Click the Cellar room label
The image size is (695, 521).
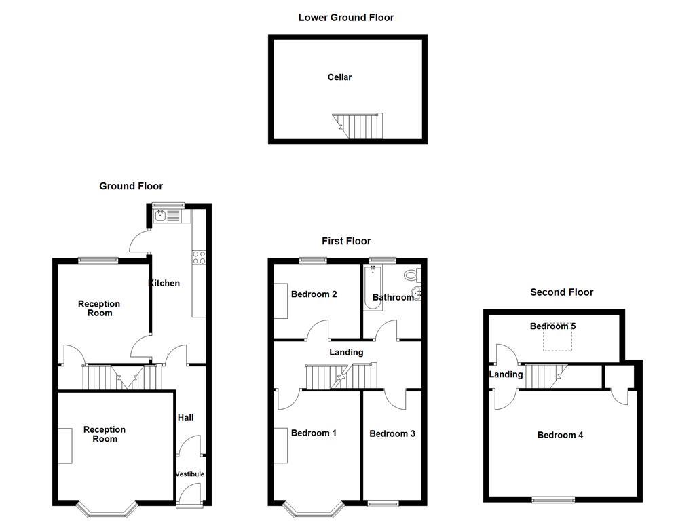339,77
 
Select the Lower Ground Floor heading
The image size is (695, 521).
345,18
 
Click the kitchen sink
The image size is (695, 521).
168,216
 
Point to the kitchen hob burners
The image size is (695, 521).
200,257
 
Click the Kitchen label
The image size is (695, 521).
164,283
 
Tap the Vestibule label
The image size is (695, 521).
189,474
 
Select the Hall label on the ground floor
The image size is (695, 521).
185,417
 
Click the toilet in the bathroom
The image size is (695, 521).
411,275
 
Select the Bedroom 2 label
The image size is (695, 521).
314,294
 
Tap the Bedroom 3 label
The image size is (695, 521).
392,433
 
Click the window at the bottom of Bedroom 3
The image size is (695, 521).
385,503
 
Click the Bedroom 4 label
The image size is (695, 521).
560,435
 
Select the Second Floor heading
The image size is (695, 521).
561,292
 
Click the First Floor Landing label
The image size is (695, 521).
346,352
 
